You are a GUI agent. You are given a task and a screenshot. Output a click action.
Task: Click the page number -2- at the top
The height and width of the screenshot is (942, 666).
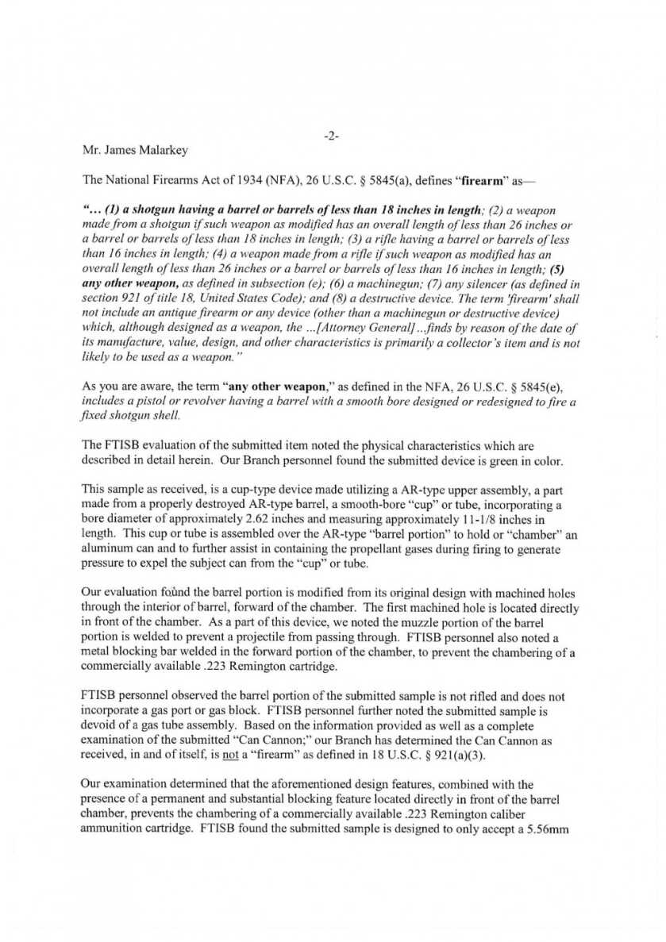[332, 136]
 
